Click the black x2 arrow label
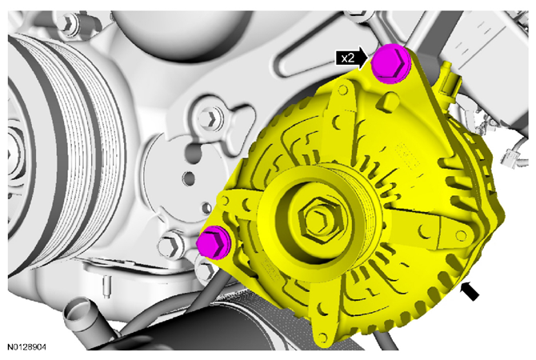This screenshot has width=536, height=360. (351, 58)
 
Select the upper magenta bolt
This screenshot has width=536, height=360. (390, 64)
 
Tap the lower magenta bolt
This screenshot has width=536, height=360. (214, 242)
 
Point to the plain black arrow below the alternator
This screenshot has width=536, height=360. (470, 292)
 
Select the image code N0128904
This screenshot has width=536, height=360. (26, 347)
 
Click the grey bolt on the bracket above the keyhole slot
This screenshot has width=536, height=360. (210, 118)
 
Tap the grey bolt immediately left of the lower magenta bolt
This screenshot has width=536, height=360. (170, 245)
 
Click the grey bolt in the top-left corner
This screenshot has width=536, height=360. (68, 22)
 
